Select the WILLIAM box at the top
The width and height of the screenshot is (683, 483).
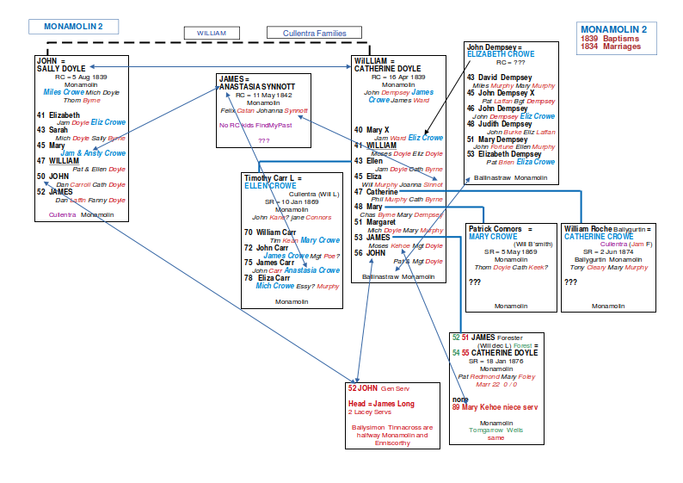[211, 33]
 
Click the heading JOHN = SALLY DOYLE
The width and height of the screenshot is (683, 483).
[61, 65]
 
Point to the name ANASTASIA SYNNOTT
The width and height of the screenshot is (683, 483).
[257, 87]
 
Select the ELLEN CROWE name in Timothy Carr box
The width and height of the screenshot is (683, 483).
[269, 185]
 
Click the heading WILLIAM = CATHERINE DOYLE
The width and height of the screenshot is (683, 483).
[386, 65]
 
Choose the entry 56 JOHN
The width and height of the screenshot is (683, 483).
[370, 252]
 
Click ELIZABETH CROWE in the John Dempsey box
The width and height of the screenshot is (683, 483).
[500, 54]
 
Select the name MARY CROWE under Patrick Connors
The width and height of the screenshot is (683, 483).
[493, 237]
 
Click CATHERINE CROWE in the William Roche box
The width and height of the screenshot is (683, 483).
[594, 237]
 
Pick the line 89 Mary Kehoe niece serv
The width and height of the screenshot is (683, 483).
[496, 407]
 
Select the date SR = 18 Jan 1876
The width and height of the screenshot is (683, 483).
[496, 362]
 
